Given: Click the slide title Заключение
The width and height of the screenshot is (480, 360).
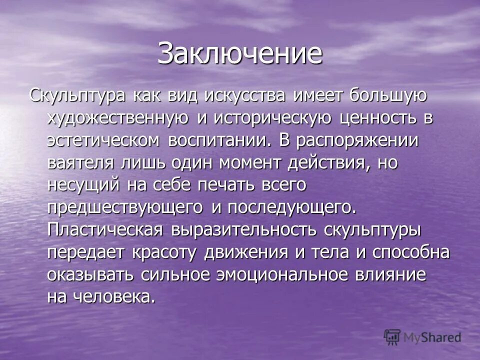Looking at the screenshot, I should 239,53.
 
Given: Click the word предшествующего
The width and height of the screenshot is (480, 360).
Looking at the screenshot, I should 125,207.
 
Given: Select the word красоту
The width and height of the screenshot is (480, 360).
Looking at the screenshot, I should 165,252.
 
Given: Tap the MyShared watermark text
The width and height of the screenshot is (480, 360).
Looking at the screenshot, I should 433,338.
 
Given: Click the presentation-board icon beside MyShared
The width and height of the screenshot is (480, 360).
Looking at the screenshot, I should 393,337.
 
